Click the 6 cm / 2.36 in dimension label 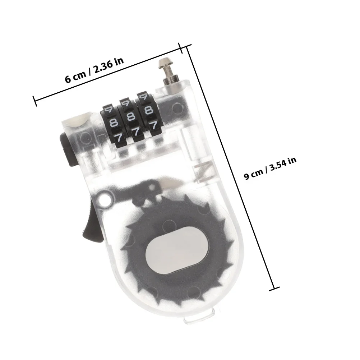pyautogui.click(x=94, y=70)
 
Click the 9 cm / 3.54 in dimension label pyautogui.click(x=270, y=169)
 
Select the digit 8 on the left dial pyautogui.click(x=114, y=123)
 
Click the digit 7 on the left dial pyautogui.click(x=119, y=138)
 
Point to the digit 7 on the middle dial pyautogui.click(x=137, y=131)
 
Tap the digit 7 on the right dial pyautogui.click(x=153, y=125)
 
